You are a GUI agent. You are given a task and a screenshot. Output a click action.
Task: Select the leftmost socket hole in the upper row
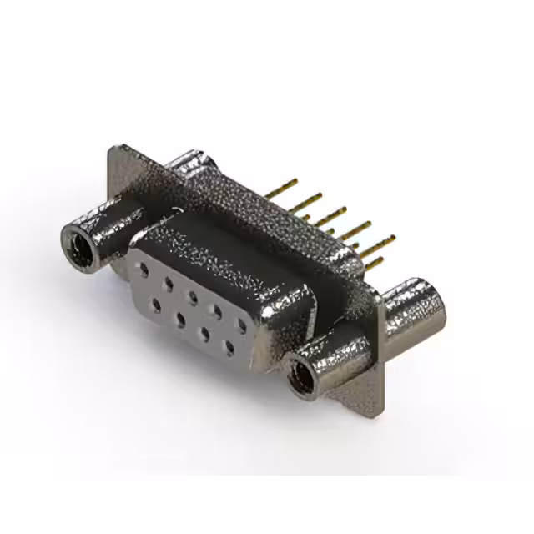[145, 270]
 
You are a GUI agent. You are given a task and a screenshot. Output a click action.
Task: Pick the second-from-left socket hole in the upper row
[169, 282]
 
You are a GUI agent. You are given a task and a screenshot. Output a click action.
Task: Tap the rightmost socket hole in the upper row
[243, 325]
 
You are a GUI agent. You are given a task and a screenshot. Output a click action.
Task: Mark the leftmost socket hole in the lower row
[156, 303]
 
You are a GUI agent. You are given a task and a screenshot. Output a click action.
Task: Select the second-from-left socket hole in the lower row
[180, 317]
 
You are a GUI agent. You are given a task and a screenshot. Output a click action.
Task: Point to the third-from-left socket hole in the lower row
[205, 331]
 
